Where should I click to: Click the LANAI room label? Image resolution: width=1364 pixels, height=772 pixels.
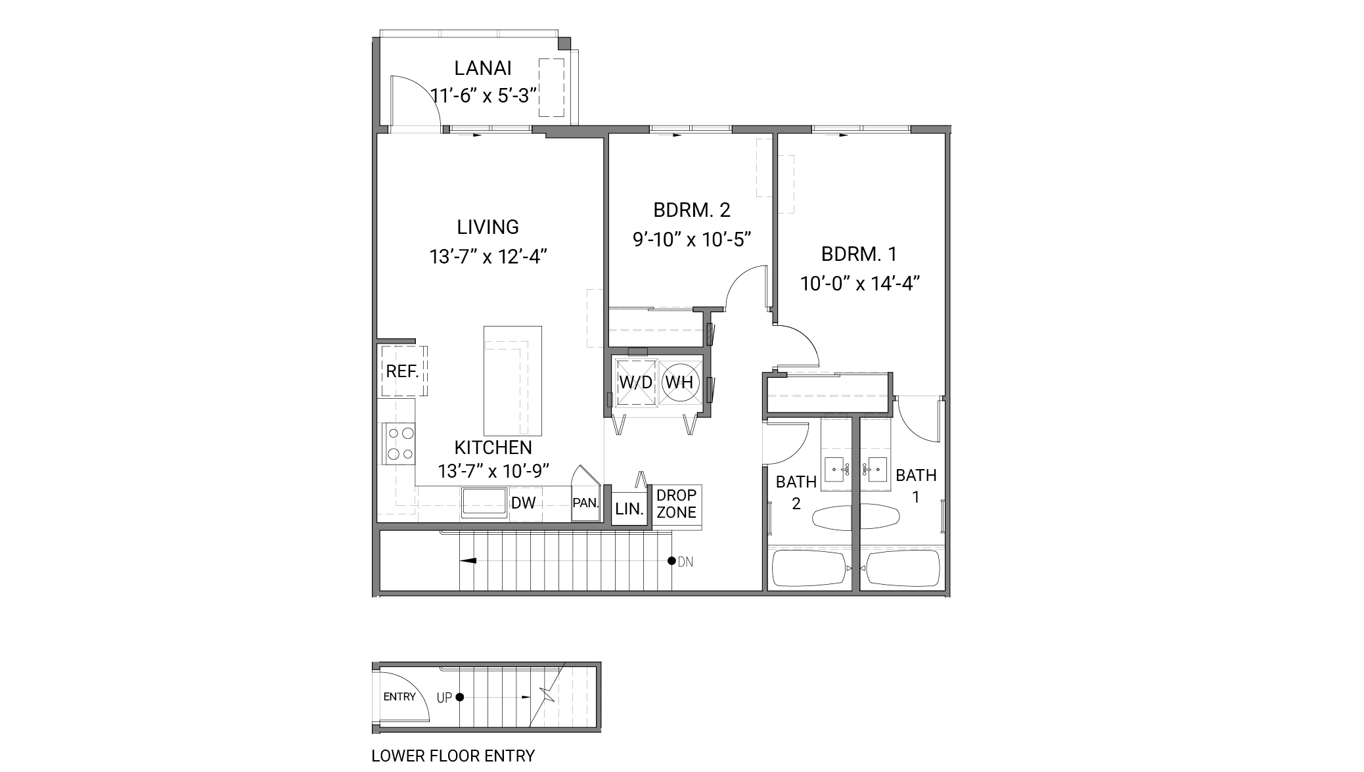(x=483, y=68)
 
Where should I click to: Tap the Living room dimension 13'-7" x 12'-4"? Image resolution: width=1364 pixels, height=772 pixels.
(x=488, y=256)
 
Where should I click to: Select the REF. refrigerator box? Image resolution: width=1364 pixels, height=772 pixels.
(x=403, y=371)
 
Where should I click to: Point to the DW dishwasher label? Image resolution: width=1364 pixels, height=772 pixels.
(x=524, y=503)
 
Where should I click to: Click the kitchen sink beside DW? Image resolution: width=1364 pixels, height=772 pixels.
(x=484, y=503)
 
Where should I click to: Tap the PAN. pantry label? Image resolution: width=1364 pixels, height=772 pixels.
(x=585, y=503)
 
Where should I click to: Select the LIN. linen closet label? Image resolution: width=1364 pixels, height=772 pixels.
(x=629, y=509)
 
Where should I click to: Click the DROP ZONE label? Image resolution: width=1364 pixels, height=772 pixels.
(x=676, y=504)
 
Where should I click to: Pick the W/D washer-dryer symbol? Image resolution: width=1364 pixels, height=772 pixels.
(x=635, y=382)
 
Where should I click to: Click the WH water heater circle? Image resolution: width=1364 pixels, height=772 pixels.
(x=679, y=382)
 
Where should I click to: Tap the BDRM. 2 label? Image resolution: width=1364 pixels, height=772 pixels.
(x=692, y=210)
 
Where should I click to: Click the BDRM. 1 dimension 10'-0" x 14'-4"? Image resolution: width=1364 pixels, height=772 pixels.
(x=859, y=284)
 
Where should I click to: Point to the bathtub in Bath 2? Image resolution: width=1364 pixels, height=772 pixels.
(x=809, y=568)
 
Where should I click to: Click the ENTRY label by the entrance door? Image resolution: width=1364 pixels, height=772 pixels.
(x=399, y=697)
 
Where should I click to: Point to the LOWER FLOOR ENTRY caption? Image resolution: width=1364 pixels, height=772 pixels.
(x=453, y=756)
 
